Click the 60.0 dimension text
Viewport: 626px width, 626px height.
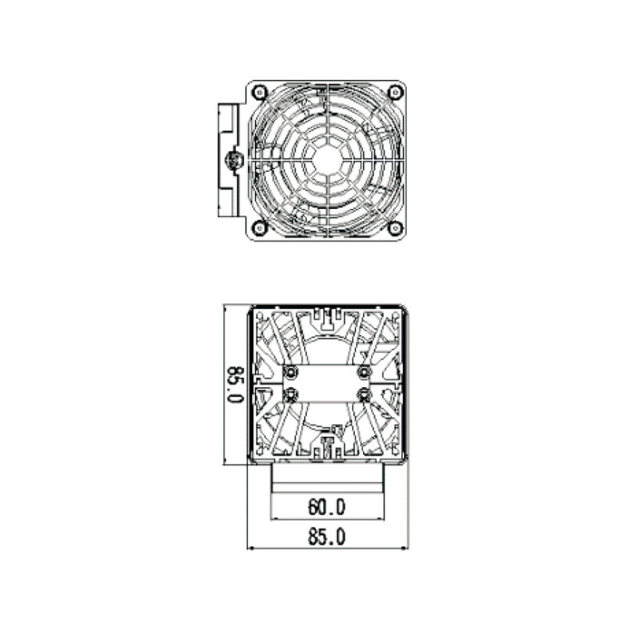(x=326, y=508)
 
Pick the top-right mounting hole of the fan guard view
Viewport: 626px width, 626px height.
(x=396, y=92)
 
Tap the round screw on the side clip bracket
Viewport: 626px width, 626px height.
(x=232, y=161)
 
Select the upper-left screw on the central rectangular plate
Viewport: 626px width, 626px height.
(x=291, y=370)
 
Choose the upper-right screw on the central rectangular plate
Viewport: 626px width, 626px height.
(x=364, y=370)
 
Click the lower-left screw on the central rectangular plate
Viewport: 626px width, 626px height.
(x=291, y=394)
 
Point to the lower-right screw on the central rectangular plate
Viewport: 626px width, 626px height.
(x=364, y=394)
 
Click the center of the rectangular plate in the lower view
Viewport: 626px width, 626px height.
(x=328, y=383)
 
